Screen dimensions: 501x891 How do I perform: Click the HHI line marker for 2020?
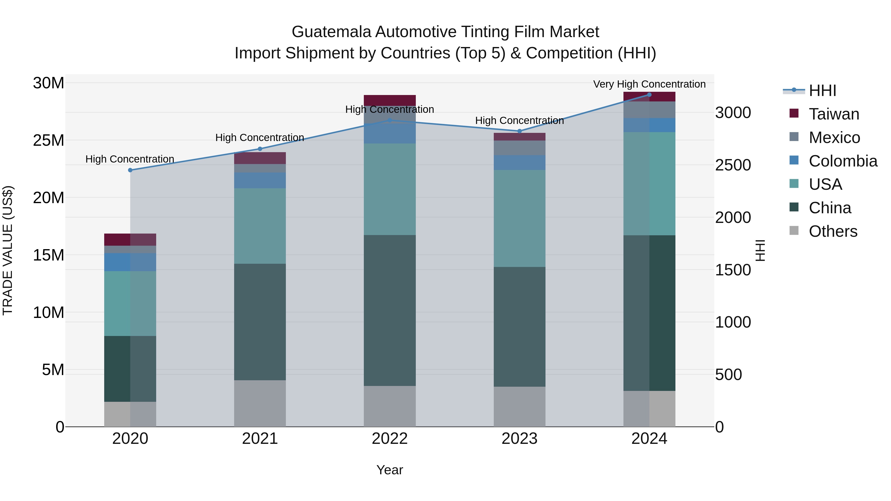pyautogui.click(x=130, y=170)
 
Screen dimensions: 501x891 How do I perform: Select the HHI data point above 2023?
pyautogui.click(x=519, y=131)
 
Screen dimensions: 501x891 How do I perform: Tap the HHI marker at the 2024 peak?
pyautogui.click(x=649, y=95)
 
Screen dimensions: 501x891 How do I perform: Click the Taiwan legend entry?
pyautogui.click(x=834, y=114)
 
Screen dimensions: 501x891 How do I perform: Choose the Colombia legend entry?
pyautogui.click(x=842, y=161)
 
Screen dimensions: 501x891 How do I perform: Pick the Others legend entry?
pyautogui.click(x=833, y=231)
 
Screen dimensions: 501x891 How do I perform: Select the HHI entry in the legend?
pyautogui.click(x=822, y=91)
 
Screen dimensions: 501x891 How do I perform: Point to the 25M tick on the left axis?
pyautogui.click(x=49, y=140)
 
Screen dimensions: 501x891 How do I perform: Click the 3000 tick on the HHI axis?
pyautogui.click(x=733, y=113)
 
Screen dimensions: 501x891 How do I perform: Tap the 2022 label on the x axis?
pyautogui.click(x=390, y=439)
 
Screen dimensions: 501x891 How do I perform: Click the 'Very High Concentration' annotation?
pyautogui.click(x=649, y=84)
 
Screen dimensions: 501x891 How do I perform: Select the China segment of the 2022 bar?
pyautogui.click(x=390, y=310)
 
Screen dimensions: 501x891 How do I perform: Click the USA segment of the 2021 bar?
pyautogui.click(x=260, y=226)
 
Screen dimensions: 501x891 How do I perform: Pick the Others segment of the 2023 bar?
pyautogui.click(x=519, y=406)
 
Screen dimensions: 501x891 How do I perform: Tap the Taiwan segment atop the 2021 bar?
pyautogui.click(x=260, y=158)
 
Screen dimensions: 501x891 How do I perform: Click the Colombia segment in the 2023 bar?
pyautogui.click(x=519, y=163)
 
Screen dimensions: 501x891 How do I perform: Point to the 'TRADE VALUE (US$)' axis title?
pyautogui.click(x=8, y=250)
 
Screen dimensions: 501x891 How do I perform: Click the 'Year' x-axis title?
pyautogui.click(x=390, y=470)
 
